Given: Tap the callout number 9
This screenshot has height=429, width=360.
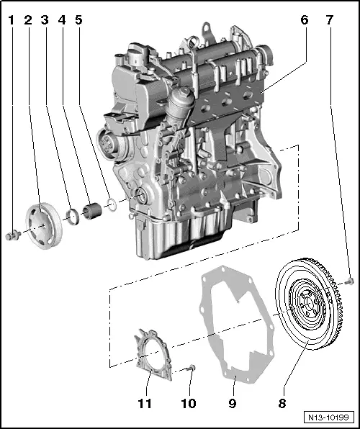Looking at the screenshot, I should (x=233, y=403).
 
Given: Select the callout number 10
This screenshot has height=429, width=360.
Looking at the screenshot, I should (x=189, y=403).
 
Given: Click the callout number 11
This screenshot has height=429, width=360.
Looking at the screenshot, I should (x=145, y=403).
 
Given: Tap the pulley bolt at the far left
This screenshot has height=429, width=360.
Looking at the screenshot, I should (x=12, y=234).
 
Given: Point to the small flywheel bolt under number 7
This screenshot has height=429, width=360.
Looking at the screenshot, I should (x=349, y=280).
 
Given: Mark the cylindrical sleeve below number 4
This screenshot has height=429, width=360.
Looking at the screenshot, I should (x=91, y=213).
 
